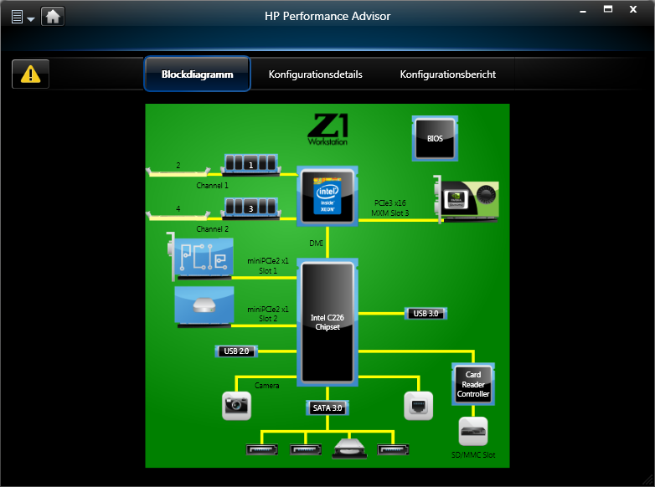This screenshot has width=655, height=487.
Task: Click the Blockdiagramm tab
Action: [197, 74]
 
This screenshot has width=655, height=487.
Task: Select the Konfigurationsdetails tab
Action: [315, 74]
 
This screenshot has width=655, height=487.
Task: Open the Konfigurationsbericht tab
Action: [447, 74]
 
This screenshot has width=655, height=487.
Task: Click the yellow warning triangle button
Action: [31, 74]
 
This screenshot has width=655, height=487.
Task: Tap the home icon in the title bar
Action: [53, 16]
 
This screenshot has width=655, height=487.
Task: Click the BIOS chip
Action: [435, 138]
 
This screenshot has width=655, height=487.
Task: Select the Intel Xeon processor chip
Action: [327, 196]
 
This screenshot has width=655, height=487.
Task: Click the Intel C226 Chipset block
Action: [327, 322]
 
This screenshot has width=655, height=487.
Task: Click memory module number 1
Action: [251, 164]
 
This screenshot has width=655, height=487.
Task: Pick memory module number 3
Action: [250, 208]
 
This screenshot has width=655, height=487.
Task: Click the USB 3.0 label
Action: [425, 313]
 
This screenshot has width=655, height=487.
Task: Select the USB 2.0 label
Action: [236, 351]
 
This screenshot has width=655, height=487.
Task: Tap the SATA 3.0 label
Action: [327, 408]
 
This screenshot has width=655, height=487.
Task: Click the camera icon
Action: [236, 405]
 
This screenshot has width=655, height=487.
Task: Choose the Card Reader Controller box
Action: [472, 384]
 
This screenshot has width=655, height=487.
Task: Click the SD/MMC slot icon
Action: [472, 432]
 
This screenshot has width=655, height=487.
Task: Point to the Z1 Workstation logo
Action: [327, 130]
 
